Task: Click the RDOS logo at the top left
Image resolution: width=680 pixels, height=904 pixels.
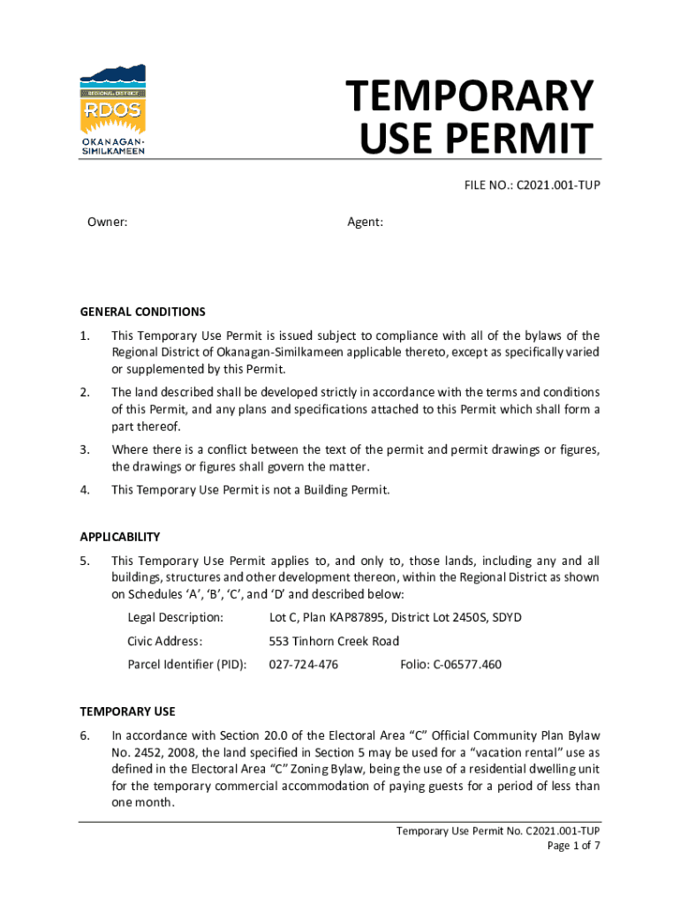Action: [113, 110]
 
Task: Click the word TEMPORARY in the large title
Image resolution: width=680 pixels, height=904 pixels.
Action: [469, 96]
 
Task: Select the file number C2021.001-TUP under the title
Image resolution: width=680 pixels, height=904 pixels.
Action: [560, 185]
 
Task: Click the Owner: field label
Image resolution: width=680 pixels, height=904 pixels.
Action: [107, 222]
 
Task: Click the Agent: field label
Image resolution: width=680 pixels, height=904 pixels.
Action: [365, 222]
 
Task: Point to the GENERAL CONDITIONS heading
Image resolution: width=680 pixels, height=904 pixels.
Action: [142, 312]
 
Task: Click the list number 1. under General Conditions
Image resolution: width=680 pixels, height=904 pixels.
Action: [85, 335]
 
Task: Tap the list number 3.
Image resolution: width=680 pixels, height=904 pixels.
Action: [85, 450]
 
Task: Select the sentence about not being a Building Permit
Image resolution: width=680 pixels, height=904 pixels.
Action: [250, 490]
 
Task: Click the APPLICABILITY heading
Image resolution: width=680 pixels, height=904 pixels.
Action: [120, 537]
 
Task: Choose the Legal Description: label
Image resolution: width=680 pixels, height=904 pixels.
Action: [175, 617]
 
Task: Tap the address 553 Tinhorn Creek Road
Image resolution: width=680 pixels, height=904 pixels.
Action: [334, 641]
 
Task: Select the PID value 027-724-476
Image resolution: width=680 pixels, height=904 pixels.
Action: [303, 664]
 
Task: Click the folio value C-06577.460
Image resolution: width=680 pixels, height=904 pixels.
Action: [467, 664]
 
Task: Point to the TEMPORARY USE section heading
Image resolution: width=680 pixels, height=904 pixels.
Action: [127, 711]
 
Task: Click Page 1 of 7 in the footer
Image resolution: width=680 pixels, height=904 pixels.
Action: [574, 845]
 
